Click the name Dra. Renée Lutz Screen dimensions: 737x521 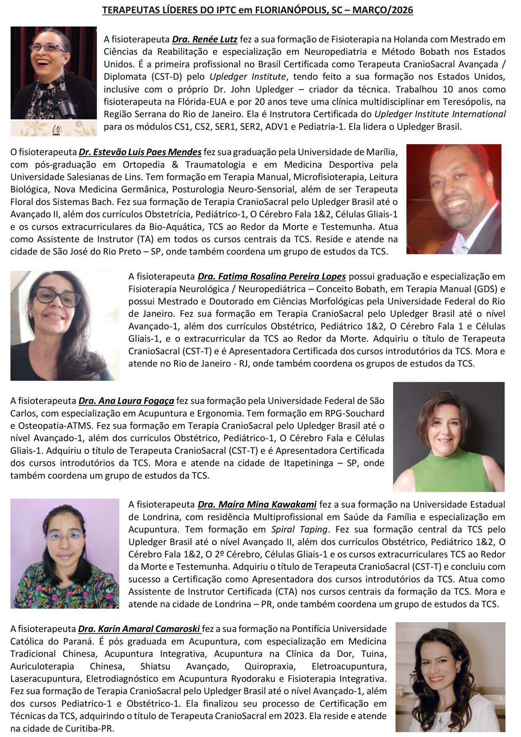204,39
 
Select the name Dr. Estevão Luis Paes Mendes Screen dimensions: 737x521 140,152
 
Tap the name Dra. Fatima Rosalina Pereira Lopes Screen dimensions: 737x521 272,276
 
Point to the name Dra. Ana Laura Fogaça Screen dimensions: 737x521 126,400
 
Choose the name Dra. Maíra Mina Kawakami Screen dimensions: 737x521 257,504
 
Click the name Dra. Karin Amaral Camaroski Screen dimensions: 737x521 139,628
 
